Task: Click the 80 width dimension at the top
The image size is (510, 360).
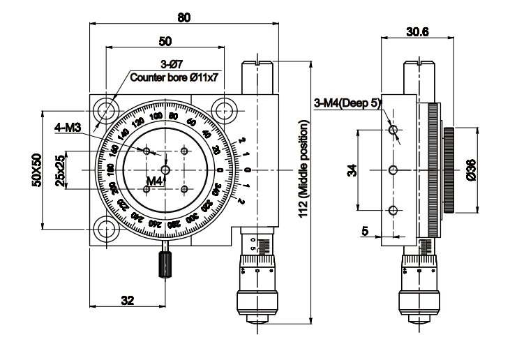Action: click(183, 17)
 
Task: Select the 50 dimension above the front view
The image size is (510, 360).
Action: click(166, 41)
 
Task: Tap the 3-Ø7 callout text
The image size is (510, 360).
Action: click(168, 66)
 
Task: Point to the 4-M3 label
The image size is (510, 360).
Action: click(68, 127)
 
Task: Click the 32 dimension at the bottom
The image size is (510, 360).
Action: click(127, 301)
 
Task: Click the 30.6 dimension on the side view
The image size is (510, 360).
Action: click(417, 31)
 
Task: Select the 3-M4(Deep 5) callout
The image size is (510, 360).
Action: click(347, 103)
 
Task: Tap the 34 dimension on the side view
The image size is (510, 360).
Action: click(350, 170)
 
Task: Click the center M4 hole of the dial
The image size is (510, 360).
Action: click(165, 170)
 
